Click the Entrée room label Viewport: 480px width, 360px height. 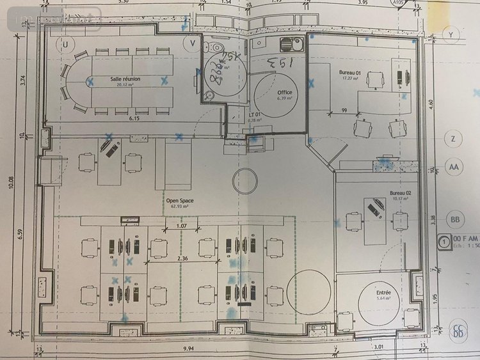(x=384, y=293)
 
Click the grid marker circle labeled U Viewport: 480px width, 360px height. (x=65, y=43)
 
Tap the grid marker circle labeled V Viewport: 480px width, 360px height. (x=192, y=43)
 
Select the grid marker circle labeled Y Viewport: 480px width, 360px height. (x=451, y=33)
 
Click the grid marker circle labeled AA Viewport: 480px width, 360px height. (x=454, y=168)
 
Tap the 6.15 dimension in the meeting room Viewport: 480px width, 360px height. (x=134, y=119)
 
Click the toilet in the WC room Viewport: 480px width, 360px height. (x=216, y=47)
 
